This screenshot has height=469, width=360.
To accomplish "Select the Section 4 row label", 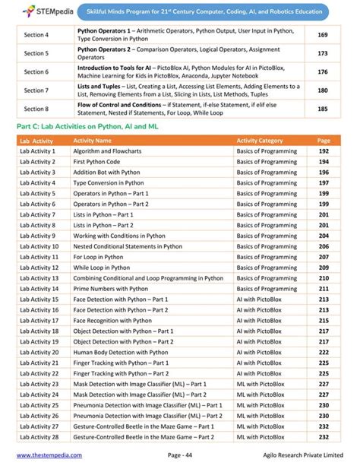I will click(36, 35).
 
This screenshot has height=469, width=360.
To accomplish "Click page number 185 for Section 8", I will click(323, 109).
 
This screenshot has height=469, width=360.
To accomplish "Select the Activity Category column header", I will click(260, 141).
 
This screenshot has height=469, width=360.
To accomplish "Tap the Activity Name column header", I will click(92, 141).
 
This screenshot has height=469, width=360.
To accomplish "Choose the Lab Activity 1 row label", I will click(37, 151).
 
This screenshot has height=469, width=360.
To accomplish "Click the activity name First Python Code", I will click(96, 162).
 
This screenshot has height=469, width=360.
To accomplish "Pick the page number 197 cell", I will click(324, 183).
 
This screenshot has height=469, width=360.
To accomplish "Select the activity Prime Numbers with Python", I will click(111, 289).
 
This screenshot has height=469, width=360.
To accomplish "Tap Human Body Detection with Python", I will click(121, 353).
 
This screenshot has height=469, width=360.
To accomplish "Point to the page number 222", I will click(324, 353).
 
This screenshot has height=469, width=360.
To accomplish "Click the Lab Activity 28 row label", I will click(39, 437).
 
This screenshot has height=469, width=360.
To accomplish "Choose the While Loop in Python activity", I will click(101, 268).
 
